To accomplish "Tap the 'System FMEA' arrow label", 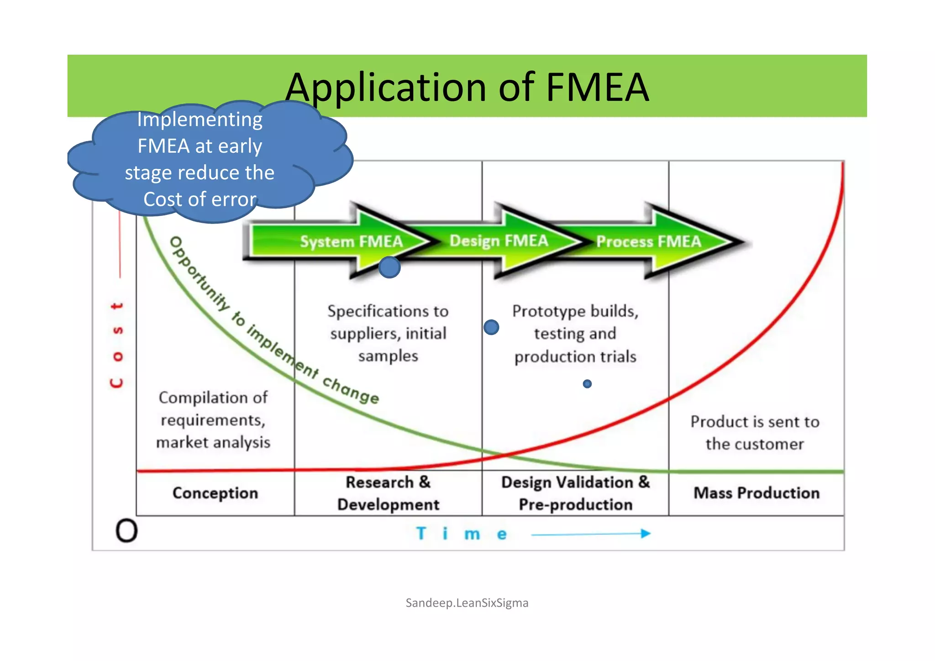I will click(x=351, y=241).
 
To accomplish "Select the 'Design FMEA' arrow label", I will click(x=499, y=240).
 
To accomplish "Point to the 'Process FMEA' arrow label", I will click(x=648, y=241).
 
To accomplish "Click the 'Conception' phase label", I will click(x=215, y=493).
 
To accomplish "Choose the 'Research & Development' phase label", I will click(x=388, y=493).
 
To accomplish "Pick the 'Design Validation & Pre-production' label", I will click(x=575, y=493).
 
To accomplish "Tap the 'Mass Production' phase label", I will click(x=756, y=493).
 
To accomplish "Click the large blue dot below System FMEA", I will click(x=389, y=268).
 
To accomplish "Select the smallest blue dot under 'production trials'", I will click(x=587, y=384).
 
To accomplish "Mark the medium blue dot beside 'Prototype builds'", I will click(x=491, y=327).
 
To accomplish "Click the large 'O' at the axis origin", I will click(x=126, y=531).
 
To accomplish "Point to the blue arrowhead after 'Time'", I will click(x=646, y=533).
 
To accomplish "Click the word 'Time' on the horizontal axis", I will click(x=461, y=534).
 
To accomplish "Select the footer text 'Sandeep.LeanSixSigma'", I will click(x=467, y=603).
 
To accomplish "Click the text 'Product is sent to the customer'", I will click(x=755, y=433).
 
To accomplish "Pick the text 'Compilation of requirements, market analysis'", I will click(x=213, y=420).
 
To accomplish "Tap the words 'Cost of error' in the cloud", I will click(x=200, y=199).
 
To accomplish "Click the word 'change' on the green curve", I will click(x=351, y=390).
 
